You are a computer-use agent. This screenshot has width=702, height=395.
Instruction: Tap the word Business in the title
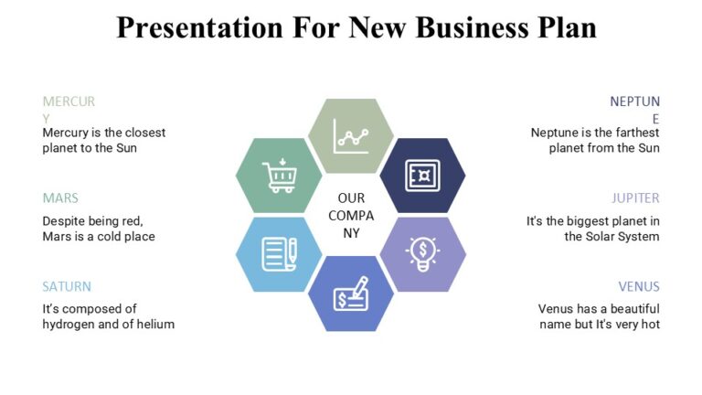(471, 27)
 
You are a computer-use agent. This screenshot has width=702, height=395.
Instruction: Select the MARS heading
(60, 197)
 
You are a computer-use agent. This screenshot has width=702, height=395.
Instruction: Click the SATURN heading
(67, 286)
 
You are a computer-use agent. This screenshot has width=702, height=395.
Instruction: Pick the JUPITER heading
(635, 197)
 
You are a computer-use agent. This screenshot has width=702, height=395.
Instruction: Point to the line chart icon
(351, 135)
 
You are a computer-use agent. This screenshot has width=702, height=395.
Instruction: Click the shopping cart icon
(280, 175)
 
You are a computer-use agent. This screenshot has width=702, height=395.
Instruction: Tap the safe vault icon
(422, 175)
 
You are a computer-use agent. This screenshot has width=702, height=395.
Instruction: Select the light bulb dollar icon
(422, 253)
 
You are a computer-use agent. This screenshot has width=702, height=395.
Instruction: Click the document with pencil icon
(280, 253)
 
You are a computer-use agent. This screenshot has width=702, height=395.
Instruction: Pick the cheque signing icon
(351, 294)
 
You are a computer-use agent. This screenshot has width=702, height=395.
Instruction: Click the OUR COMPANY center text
(351, 215)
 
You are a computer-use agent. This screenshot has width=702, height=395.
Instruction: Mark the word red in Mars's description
(133, 221)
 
